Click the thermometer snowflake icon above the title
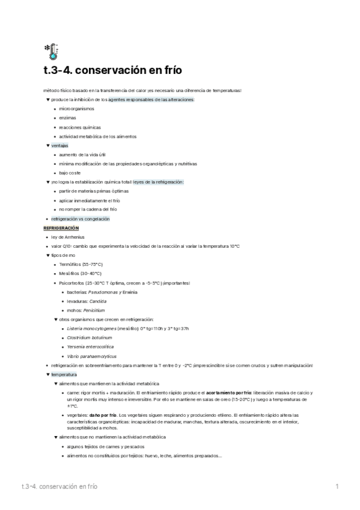50,52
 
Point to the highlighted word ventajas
59,146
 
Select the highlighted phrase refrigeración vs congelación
81,219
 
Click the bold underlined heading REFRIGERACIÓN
61,228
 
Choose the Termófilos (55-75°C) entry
81,265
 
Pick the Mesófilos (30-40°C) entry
80,274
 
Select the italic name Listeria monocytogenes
92,328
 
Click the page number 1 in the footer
337,485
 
